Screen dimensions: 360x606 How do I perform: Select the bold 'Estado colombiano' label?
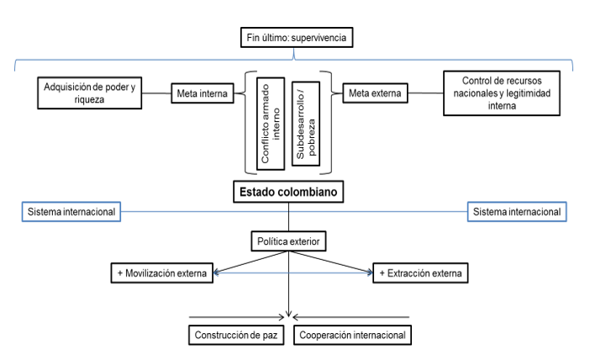[288, 192]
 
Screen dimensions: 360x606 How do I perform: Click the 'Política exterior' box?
[288, 243]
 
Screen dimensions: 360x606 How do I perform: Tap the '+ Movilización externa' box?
[162, 273]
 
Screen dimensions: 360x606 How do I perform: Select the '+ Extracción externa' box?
[418, 273]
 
